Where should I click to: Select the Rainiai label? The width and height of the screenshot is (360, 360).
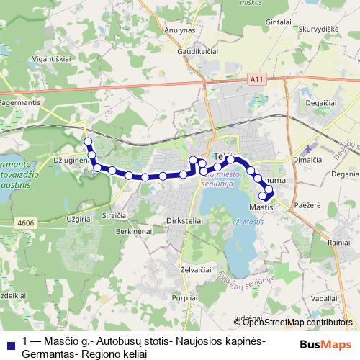[x=338, y=243]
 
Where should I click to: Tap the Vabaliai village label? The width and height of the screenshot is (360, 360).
[x=325, y=297]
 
